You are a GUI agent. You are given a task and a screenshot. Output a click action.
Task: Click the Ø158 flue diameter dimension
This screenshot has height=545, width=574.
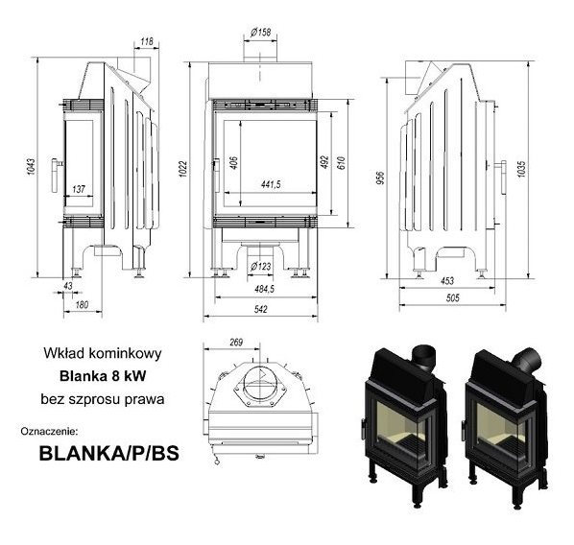click(x=261, y=33)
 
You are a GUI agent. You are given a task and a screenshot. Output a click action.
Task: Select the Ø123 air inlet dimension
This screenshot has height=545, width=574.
click(x=261, y=266)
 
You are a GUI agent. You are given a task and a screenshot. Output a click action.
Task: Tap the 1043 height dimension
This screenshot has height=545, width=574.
click(x=31, y=167)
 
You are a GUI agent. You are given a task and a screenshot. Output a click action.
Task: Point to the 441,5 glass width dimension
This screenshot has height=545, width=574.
click(x=271, y=184)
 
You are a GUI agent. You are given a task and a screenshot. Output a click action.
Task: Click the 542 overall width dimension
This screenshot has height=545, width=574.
click(x=261, y=309)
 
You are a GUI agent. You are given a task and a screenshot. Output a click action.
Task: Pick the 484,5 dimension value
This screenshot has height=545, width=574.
click(x=264, y=289)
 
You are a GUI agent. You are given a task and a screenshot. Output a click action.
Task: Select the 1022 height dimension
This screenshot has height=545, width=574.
click(x=183, y=169)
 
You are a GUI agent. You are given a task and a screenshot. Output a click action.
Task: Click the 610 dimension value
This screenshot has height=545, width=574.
click(x=341, y=162)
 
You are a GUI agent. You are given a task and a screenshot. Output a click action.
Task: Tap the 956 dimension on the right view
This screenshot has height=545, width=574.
click(x=381, y=178)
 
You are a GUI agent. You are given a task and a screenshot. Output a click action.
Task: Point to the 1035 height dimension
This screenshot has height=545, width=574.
click(x=521, y=169)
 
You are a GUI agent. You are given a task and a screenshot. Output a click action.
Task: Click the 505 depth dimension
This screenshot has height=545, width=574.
click(x=452, y=298)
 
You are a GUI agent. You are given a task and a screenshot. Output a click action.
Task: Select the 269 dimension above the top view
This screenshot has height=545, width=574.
click(x=236, y=343)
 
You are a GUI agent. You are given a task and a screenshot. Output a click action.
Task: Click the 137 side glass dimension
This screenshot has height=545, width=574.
click(x=79, y=189)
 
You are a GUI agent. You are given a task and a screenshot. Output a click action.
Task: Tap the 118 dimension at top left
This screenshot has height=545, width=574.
click(x=147, y=41)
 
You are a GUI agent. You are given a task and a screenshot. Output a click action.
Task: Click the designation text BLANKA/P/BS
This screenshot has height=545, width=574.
click(x=109, y=453)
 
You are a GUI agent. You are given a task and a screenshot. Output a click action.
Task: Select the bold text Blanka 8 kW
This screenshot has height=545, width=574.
click(x=103, y=376)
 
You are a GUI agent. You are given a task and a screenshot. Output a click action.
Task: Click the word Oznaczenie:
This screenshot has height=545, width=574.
click(x=49, y=431)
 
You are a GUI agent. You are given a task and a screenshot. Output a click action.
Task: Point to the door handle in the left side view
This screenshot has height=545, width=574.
click(x=57, y=176)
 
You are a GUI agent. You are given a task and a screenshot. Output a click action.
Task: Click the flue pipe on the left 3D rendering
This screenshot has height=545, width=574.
click(x=424, y=357)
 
